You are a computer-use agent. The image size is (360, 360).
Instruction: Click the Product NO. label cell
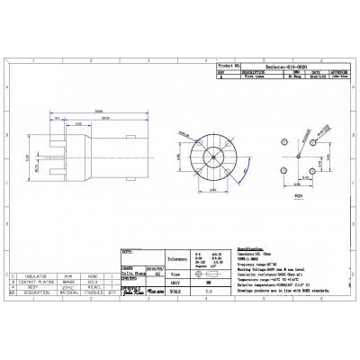click(229, 66)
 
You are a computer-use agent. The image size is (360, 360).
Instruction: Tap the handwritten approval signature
click(133, 289)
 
